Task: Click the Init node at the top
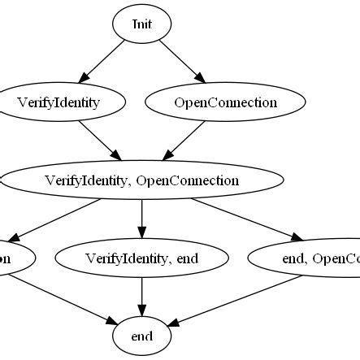pos(142,24)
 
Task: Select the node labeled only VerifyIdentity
pos(64,103)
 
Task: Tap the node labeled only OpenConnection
pos(224,103)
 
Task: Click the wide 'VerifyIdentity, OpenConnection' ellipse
pos(142,180)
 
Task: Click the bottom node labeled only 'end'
pos(142,336)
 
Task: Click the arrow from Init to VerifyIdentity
pos(102,64)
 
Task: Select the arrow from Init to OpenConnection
pos(182,64)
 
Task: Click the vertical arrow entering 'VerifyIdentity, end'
pos(142,219)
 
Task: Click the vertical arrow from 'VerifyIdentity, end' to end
pos(142,297)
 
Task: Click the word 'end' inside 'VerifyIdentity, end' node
pos(188,259)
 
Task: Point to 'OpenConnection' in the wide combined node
pos(188,180)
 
